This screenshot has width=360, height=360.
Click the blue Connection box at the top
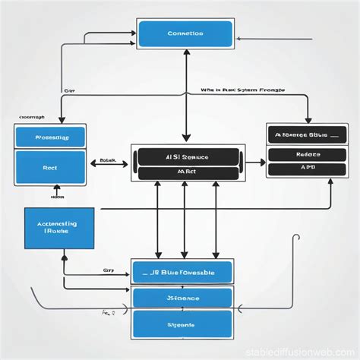185,34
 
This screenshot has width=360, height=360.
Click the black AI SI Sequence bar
186,157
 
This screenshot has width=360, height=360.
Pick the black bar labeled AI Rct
186,172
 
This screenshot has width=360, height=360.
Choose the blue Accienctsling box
60,227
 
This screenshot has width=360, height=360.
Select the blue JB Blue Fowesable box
183,272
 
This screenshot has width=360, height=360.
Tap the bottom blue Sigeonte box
183,324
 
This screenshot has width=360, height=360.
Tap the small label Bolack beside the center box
107,161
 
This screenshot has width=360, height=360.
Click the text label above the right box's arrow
242,90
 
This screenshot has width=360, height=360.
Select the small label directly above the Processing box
31,118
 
